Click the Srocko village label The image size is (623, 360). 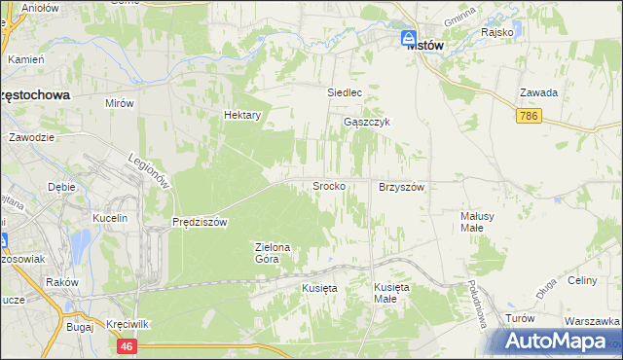pyautogui.click(x=328, y=185)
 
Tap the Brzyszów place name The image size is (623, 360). pyautogui.click(x=402, y=186)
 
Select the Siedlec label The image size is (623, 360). pyautogui.click(x=344, y=93)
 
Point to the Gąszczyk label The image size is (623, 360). pyautogui.click(x=367, y=123)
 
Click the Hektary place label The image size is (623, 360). pyautogui.click(x=243, y=115)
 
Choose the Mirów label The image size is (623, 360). pyautogui.click(x=119, y=101)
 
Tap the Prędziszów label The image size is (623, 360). pyautogui.click(x=200, y=222)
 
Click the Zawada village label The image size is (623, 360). pyautogui.click(x=538, y=93)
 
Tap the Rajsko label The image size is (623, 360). pyautogui.click(x=496, y=32)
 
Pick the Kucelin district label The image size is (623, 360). pyautogui.click(x=110, y=218)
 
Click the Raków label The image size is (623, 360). pyautogui.click(x=62, y=282)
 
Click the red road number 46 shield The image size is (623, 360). pyautogui.click(x=128, y=345)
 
